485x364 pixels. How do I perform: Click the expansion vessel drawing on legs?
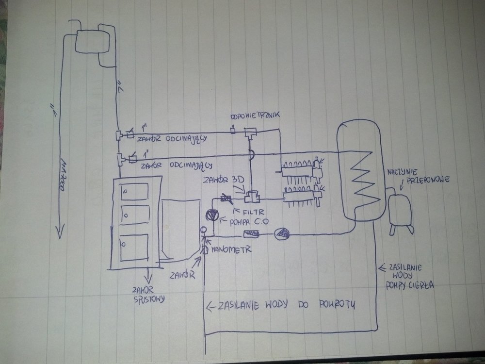click(400, 210)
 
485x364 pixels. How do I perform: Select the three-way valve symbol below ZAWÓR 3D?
click(252, 197)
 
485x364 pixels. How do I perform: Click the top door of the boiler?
click(134, 193)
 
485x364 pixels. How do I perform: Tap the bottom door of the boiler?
click(133, 248)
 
